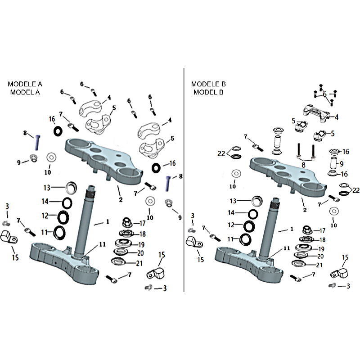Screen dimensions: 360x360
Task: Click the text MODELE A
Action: pos(25,84)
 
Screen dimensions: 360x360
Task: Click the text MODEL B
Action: pos(208,92)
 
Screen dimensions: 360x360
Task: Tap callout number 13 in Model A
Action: pos(47,187)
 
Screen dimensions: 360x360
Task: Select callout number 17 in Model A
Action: pos(142,223)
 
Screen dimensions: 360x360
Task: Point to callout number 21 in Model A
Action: pos(140,263)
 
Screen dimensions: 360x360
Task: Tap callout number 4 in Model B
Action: pos(336,117)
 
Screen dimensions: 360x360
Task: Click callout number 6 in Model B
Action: pos(324,94)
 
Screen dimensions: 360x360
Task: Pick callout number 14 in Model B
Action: pos(231,212)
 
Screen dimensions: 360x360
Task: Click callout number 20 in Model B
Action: pos(321,256)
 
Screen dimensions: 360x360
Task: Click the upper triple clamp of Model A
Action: pos(103,157)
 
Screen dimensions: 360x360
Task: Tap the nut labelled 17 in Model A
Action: pos(128,222)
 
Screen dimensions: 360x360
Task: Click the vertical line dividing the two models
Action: pos(184,180)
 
